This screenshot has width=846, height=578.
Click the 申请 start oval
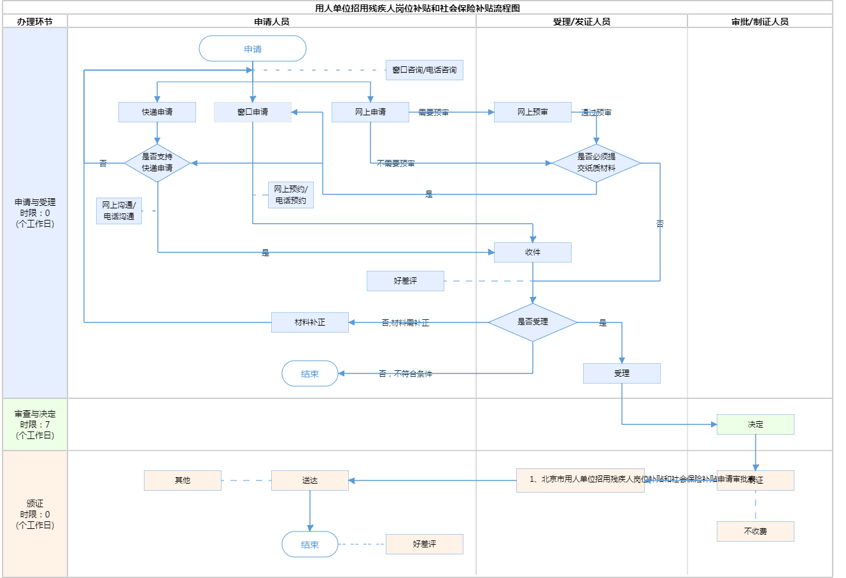pyautogui.click(x=253, y=49)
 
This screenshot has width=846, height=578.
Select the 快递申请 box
pyautogui.click(x=157, y=112)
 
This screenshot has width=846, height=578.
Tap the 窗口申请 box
pyautogui.click(x=253, y=112)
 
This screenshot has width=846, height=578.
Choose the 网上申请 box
pyautogui.click(x=370, y=112)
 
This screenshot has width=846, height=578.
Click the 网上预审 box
pyautogui.click(x=533, y=112)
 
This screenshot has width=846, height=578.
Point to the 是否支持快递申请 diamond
pyautogui.click(x=157, y=163)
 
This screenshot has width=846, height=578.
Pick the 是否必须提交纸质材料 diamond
pyautogui.click(x=596, y=163)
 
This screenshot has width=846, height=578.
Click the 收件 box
pyautogui.click(x=533, y=252)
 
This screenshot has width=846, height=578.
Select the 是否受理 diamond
pyautogui.click(x=533, y=322)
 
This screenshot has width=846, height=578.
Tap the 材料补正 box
pyautogui.click(x=310, y=322)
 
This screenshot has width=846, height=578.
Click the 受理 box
pyautogui.click(x=622, y=373)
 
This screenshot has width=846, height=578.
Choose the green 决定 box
pyautogui.click(x=756, y=424)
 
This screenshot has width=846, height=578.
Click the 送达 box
pyautogui.click(x=310, y=480)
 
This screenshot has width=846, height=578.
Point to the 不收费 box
pyautogui.click(x=756, y=531)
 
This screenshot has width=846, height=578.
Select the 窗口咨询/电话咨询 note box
pyautogui.click(x=425, y=70)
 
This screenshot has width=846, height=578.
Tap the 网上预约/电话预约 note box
pyautogui.click(x=291, y=195)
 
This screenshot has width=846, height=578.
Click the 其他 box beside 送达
pyautogui.click(x=183, y=480)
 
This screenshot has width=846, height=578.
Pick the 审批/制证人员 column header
pyautogui.click(x=760, y=22)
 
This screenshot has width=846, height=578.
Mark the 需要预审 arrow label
pyautogui.click(x=434, y=113)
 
